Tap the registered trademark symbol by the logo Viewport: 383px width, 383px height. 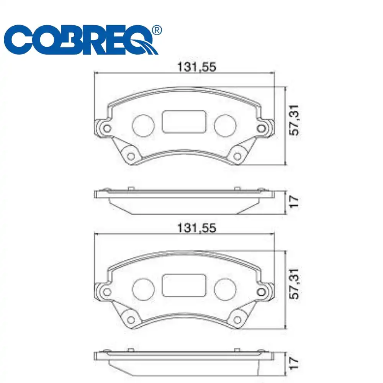[157, 30]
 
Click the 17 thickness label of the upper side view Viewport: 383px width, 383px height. [295, 201]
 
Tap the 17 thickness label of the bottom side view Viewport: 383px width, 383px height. [295, 363]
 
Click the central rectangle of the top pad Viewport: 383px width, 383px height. [184, 121]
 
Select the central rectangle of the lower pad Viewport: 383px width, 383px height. [184, 285]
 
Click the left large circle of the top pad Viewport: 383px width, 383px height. [143, 125]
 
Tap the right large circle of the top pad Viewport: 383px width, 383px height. [225, 125]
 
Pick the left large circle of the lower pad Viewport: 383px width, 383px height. [143, 288]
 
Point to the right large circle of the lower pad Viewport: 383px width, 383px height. [225, 288]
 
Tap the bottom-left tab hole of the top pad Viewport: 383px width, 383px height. [131, 156]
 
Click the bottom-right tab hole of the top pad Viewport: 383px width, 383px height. [237, 156]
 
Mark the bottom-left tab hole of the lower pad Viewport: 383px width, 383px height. [131, 319]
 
